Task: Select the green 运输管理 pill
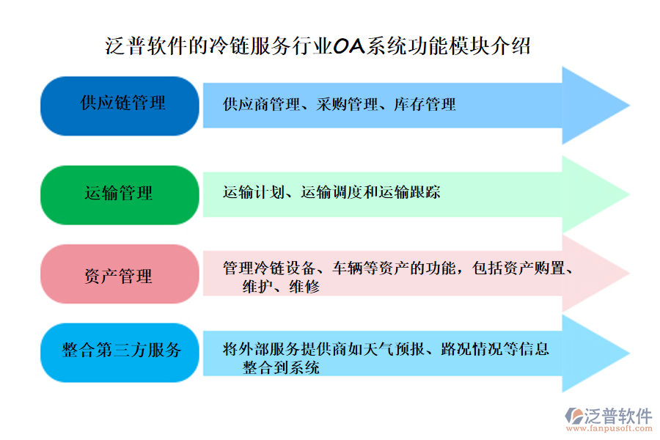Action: tap(120, 194)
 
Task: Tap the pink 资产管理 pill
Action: tap(120, 276)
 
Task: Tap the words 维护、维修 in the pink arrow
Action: tap(281, 287)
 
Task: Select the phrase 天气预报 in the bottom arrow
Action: tap(395, 350)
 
